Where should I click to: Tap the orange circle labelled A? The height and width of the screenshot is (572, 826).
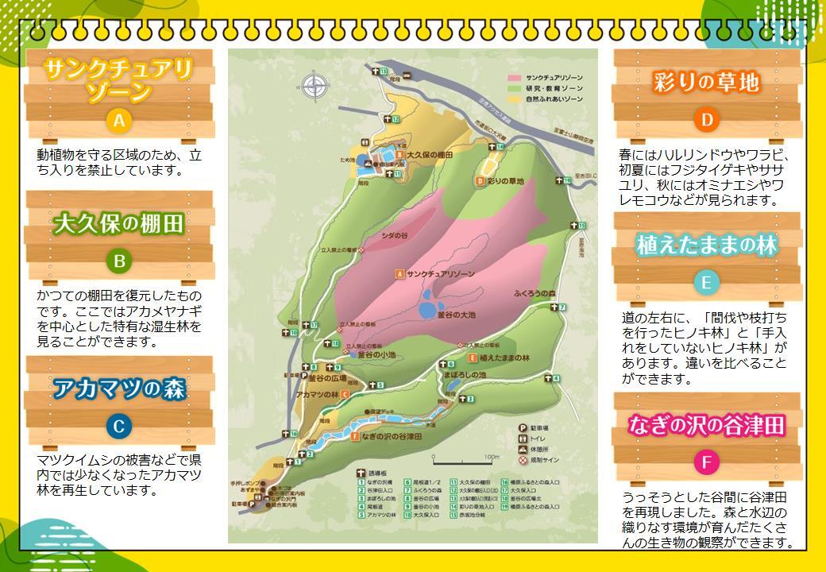tap(118, 121)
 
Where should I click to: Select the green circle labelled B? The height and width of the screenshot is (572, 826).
tap(118, 261)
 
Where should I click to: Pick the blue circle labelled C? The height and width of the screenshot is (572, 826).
tap(118, 427)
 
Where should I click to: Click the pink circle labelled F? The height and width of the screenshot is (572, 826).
tap(705, 462)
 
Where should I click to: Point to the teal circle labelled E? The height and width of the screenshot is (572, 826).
tap(705, 283)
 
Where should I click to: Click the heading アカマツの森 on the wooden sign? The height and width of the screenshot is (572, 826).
tap(119, 389)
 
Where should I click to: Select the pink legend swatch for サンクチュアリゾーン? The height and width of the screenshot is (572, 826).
tap(515, 78)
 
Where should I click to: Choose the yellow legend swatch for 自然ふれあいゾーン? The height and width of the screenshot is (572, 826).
tap(515, 99)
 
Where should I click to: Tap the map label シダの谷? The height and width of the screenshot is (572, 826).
tap(395, 235)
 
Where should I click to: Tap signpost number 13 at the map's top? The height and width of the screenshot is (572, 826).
tap(382, 71)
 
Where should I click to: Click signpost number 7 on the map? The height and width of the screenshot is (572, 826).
tap(562, 307)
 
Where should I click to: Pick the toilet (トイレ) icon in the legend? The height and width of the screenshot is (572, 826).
tap(523, 438)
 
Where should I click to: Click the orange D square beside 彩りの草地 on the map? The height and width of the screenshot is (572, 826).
tap(480, 181)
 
